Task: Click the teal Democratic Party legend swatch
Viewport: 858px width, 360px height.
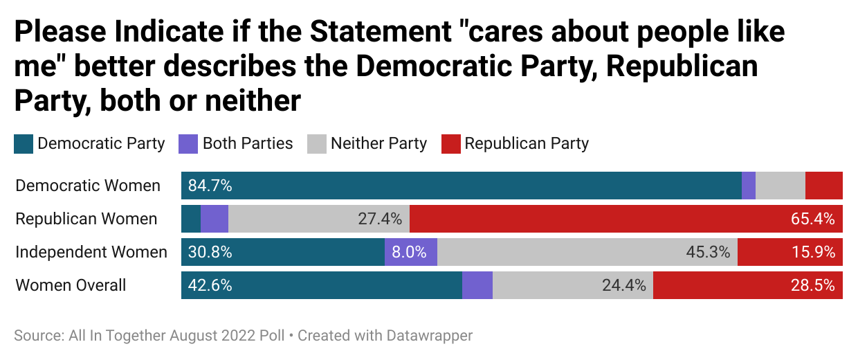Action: click(24, 144)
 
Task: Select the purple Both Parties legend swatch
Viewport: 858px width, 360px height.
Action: click(188, 144)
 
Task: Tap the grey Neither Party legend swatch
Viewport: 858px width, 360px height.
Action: click(316, 144)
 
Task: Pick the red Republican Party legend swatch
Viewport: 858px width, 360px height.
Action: click(450, 144)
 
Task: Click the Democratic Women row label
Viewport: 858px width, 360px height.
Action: click(88, 186)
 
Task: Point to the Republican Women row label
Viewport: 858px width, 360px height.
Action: click(86, 219)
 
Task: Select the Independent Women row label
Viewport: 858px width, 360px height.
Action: click(91, 252)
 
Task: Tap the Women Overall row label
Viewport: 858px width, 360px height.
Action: click(71, 285)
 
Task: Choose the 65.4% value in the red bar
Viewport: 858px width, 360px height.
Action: click(813, 219)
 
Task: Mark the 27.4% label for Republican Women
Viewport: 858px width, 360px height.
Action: click(380, 219)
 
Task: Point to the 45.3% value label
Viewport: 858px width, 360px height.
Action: click(708, 252)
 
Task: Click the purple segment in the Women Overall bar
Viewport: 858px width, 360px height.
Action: click(477, 285)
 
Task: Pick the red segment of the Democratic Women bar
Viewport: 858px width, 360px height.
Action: click(824, 186)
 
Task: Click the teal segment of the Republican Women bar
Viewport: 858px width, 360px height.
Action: click(191, 219)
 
